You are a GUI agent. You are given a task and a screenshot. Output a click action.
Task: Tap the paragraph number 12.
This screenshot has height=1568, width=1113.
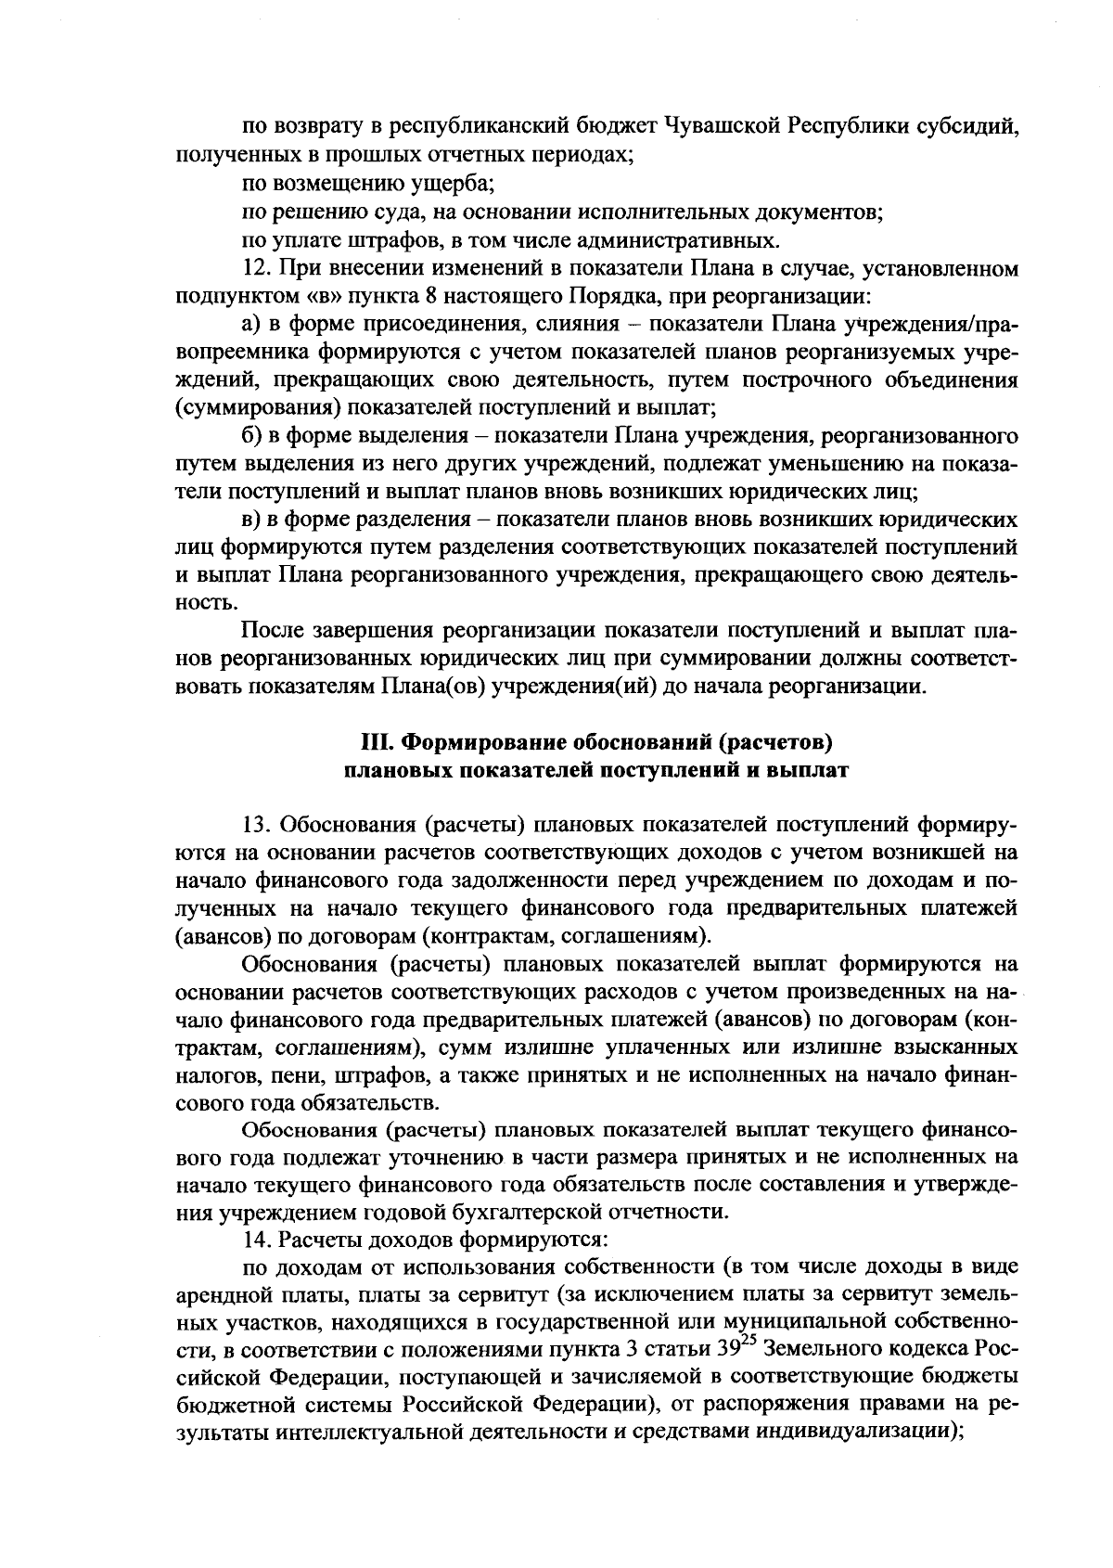[254, 269]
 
